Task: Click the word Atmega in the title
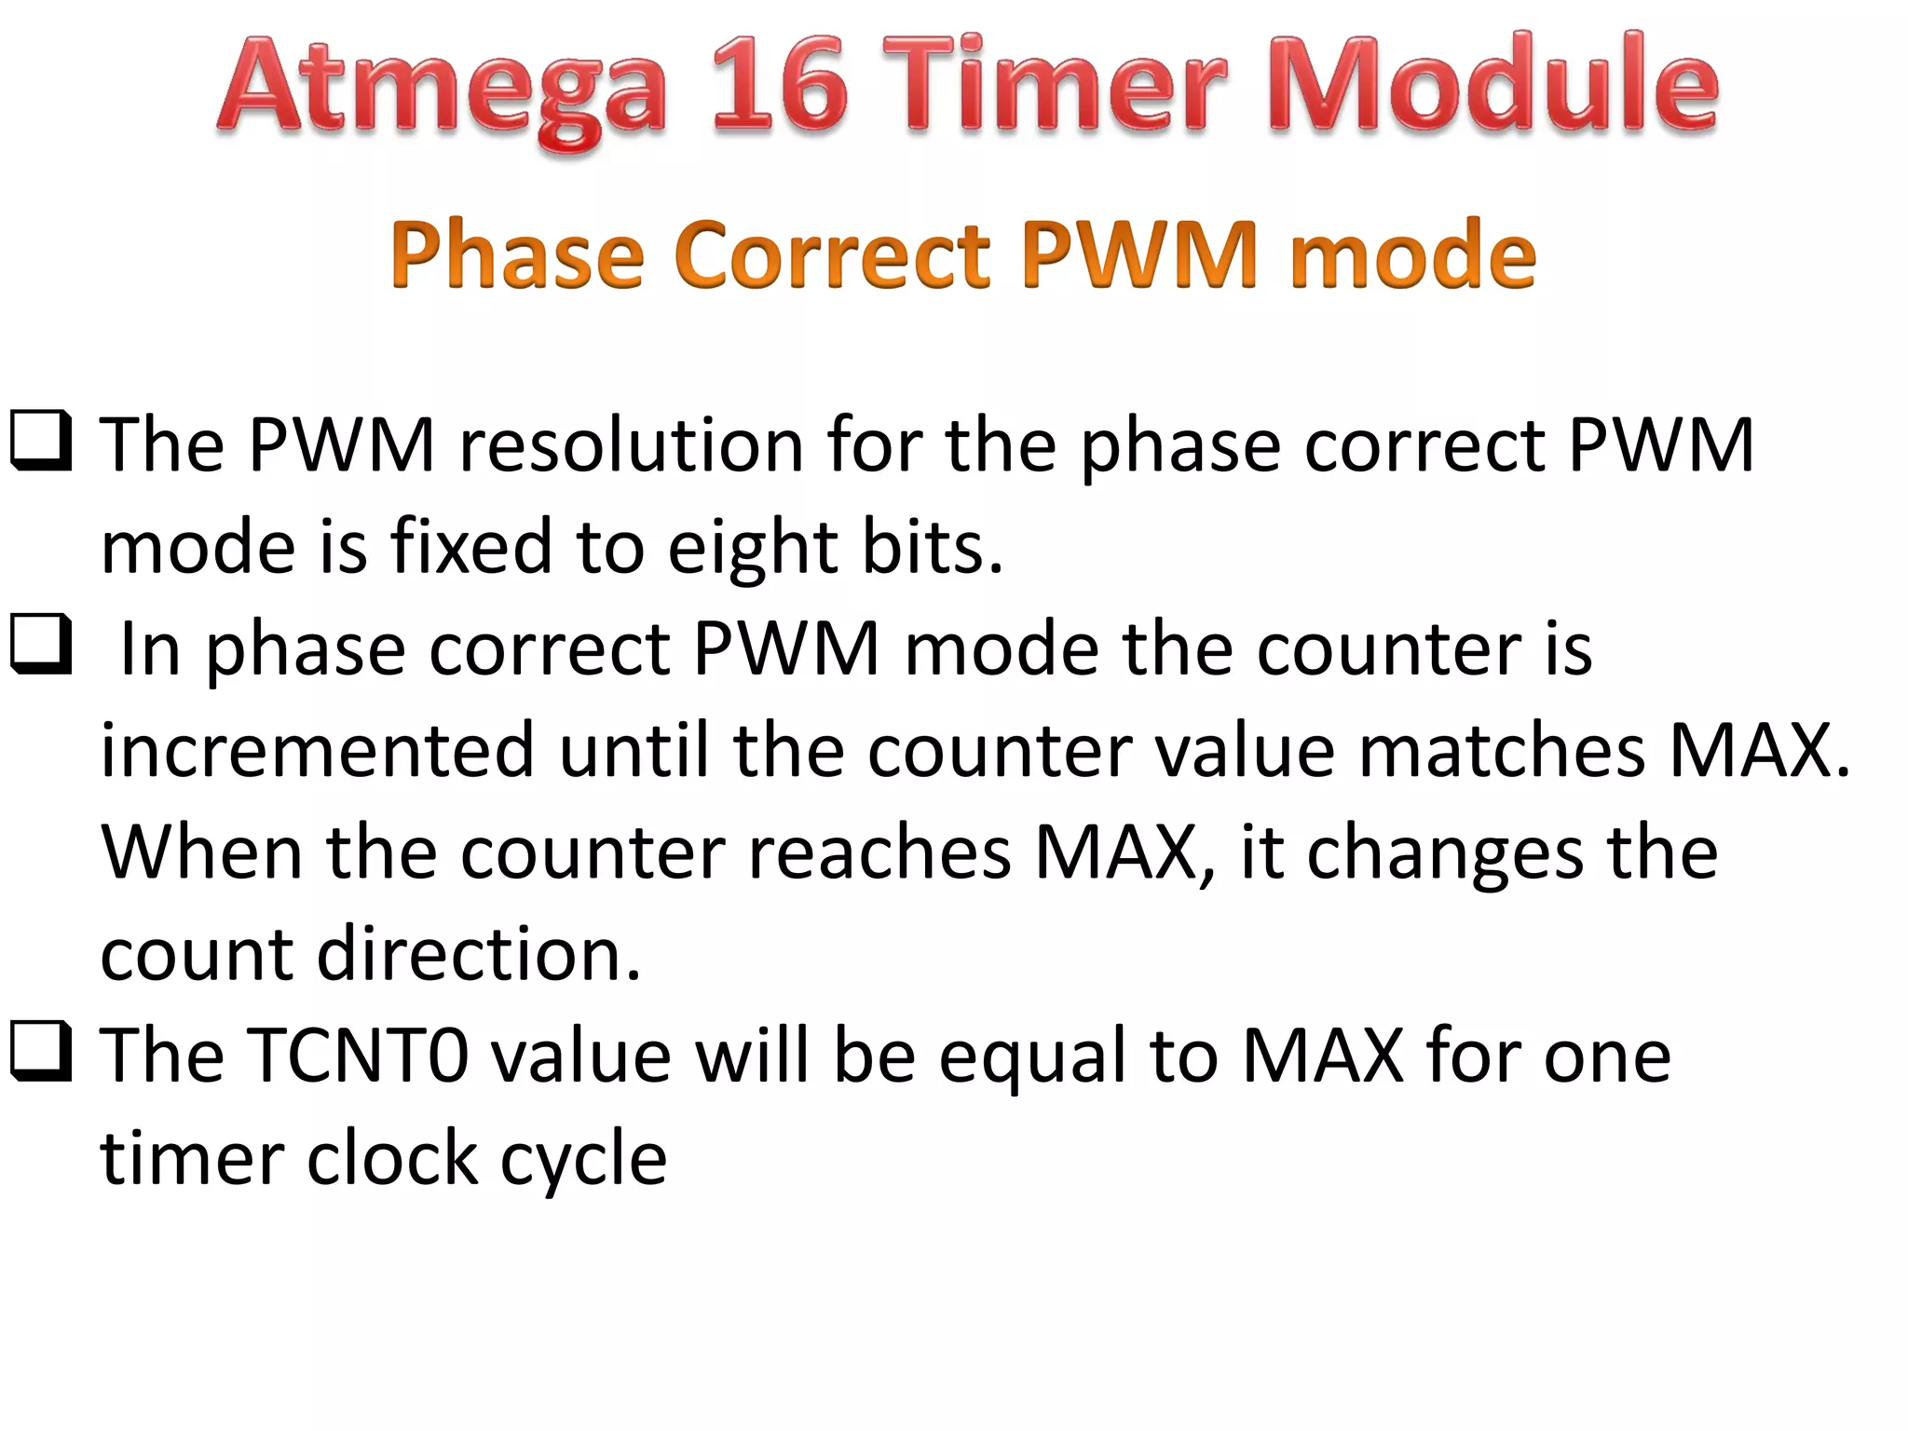pos(443,89)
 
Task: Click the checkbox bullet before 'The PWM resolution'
pos(40,441)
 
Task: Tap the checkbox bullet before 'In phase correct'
pos(40,644)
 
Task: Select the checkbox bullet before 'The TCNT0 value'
pos(40,1052)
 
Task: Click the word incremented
pos(317,750)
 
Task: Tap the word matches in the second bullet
pos(1502,750)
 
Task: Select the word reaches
pos(879,852)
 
